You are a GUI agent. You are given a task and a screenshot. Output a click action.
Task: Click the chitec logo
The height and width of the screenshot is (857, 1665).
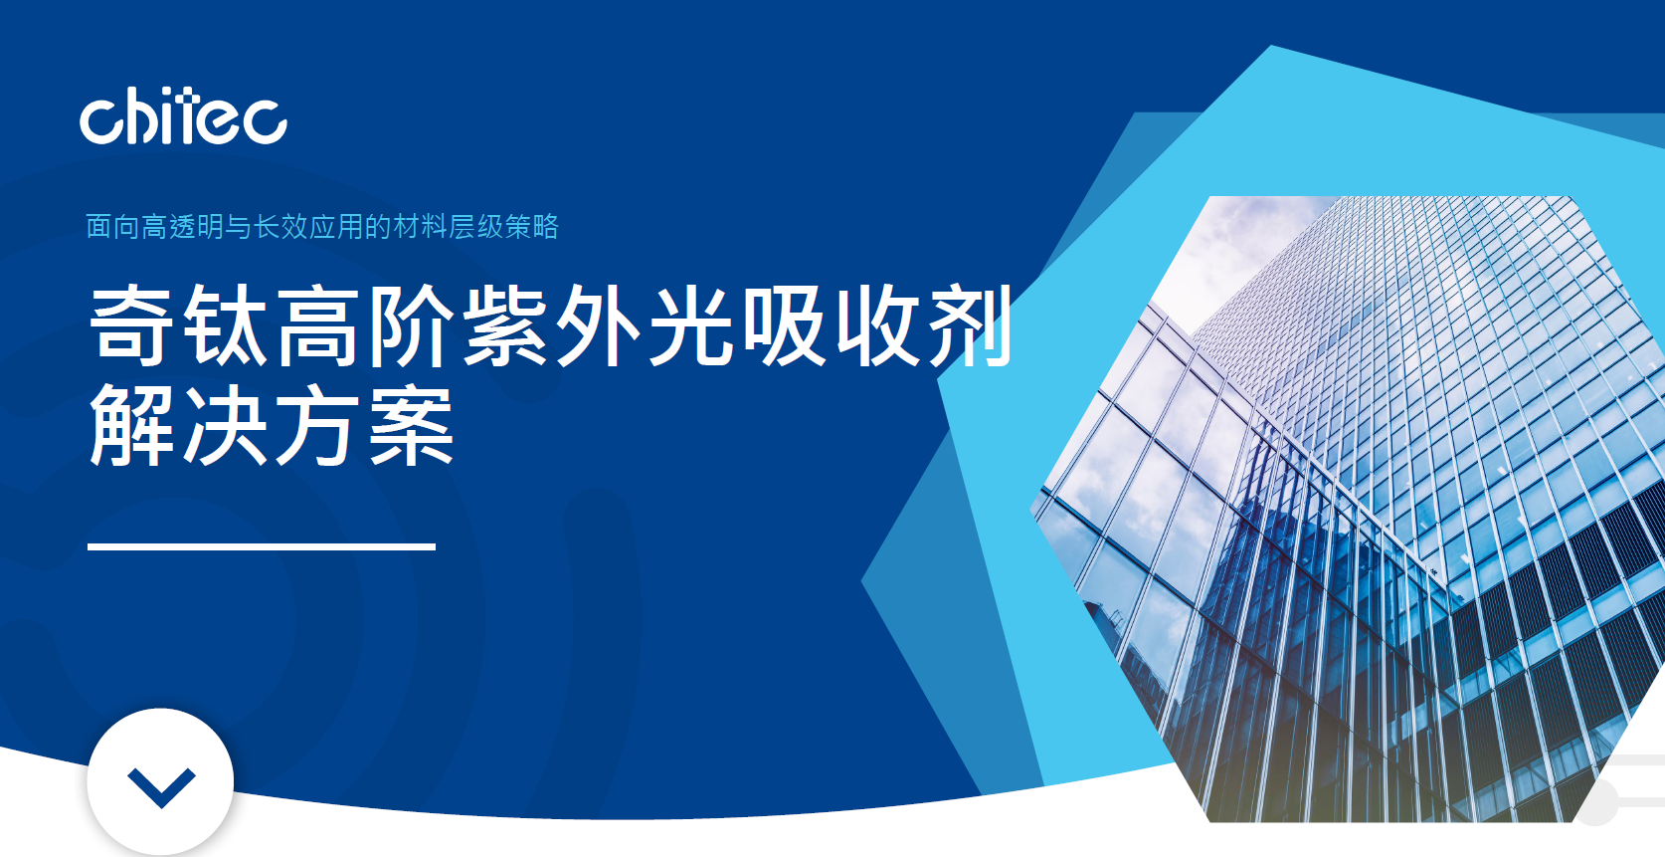coord(183,116)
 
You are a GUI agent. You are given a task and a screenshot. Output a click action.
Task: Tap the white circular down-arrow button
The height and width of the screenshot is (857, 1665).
coord(160,782)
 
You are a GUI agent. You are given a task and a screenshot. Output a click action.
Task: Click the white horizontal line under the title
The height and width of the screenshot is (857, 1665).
coord(261,546)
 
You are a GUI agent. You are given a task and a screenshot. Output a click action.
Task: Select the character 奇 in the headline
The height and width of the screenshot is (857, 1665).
coord(131,325)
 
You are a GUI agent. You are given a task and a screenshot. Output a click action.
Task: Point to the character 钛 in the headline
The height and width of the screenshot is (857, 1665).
coord(225,325)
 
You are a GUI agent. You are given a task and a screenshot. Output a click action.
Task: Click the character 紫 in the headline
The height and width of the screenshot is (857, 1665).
coord(504,325)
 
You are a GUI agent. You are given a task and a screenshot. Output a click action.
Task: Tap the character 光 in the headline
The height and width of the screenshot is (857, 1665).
coord(690,325)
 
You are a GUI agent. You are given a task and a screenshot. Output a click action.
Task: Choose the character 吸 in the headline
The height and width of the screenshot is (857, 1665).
coord(784,325)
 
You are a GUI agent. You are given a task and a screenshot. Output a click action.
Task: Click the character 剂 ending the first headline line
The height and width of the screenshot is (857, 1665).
coord(971,325)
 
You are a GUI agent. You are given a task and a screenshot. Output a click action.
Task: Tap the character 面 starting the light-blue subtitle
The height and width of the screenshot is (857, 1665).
coord(98,226)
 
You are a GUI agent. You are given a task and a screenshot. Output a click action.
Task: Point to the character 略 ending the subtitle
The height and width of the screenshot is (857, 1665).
coord(545,226)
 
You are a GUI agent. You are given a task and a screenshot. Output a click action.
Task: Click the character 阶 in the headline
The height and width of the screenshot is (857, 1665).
coord(411,325)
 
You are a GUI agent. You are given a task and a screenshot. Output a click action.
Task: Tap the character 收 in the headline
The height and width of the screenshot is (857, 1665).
coord(877,325)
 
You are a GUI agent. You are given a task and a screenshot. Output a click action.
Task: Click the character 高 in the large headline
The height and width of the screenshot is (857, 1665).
coord(318,325)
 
